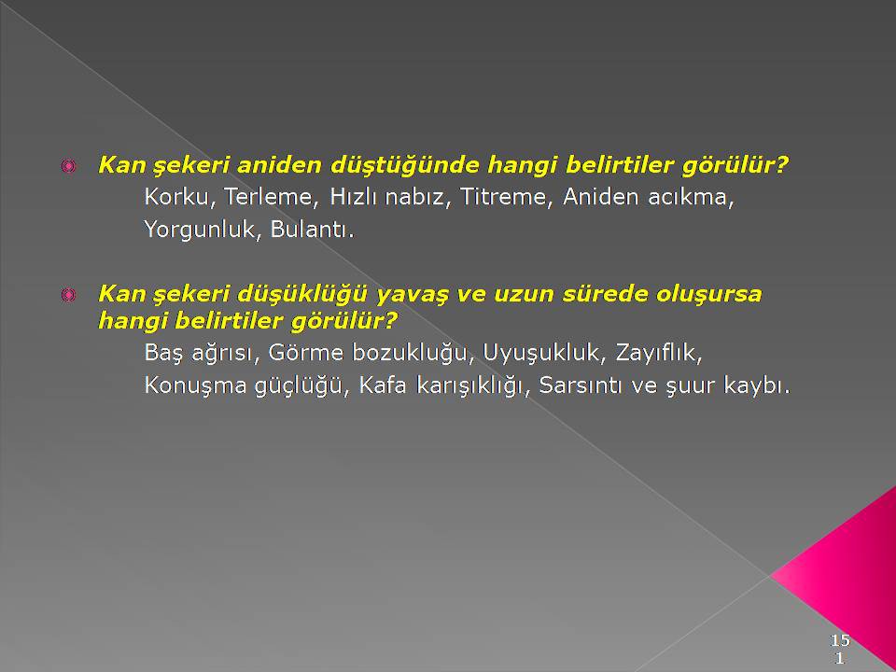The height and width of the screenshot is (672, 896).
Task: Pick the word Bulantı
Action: (x=312, y=230)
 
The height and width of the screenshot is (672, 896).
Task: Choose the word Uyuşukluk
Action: (x=544, y=354)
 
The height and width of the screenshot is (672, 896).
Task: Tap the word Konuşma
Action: (x=195, y=386)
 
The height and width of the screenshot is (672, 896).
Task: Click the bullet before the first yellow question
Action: (x=68, y=166)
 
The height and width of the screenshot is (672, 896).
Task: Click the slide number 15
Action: (x=840, y=640)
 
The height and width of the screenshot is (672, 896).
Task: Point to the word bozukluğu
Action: (x=409, y=354)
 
